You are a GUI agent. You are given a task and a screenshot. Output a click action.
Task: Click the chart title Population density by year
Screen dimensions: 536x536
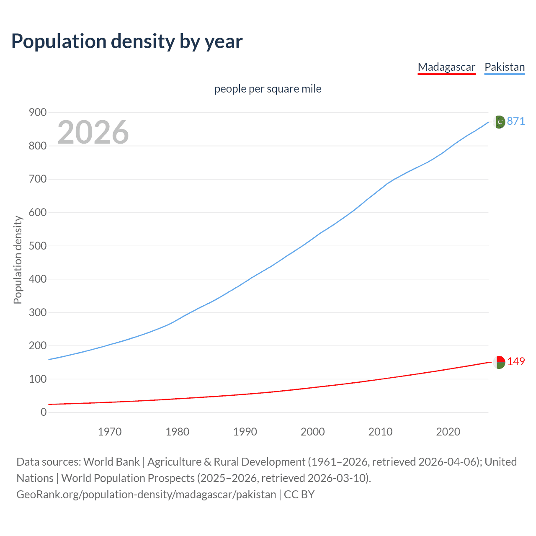tap(127, 41)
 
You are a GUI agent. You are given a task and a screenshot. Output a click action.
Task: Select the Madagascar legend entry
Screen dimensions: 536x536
tap(446, 67)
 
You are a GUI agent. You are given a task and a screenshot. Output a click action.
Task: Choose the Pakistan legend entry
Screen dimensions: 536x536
tap(504, 67)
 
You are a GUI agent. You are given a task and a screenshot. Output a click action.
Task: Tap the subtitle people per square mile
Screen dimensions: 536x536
tap(268, 89)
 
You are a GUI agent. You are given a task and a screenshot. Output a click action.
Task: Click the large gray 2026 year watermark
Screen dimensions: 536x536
tap(93, 132)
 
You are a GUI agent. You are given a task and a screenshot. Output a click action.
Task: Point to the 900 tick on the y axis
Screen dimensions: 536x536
tap(38, 112)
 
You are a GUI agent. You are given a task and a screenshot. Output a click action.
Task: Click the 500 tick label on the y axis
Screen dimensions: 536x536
tap(38, 246)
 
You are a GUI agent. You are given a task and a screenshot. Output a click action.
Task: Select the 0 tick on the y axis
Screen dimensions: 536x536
tap(44, 412)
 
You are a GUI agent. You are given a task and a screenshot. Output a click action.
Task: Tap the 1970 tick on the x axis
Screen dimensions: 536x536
tap(110, 432)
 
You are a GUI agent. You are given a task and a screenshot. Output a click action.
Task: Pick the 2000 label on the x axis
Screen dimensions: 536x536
tap(313, 432)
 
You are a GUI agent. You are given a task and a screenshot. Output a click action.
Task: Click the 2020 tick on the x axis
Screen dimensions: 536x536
tap(448, 432)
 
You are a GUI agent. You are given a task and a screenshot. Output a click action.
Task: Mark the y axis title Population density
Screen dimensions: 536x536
tap(18, 260)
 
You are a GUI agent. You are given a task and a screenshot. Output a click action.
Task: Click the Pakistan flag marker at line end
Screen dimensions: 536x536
tap(499, 122)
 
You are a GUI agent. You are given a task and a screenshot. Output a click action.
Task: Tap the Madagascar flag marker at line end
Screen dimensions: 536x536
tap(499, 362)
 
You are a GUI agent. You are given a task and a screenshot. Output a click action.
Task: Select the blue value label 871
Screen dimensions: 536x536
tap(516, 121)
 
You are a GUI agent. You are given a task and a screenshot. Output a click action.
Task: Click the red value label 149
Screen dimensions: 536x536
tap(516, 361)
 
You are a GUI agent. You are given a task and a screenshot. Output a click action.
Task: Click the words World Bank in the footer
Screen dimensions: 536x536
tap(111, 462)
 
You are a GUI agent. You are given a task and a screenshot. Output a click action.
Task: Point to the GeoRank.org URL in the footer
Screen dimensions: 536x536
tap(146, 495)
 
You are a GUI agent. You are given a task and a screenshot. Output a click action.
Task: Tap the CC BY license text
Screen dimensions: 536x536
tap(299, 495)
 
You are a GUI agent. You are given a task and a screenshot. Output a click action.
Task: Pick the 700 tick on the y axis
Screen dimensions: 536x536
tap(38, 179)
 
